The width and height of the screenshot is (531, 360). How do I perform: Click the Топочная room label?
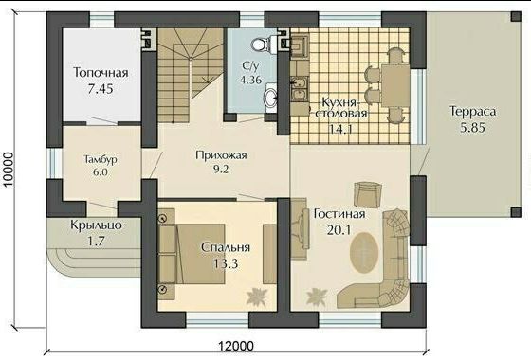coord(101,73)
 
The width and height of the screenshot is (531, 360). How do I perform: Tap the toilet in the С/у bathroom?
coord(262,45)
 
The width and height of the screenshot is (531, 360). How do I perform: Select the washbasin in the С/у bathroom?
coord(270,98)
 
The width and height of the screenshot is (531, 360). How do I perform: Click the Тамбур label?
coord(101,159)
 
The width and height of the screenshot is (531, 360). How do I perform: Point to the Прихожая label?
coord(221,155)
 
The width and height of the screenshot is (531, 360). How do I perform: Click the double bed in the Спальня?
coord(192,254)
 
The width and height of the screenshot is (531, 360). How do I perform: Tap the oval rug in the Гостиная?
coord(364,252)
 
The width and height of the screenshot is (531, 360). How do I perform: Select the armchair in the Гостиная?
coord(368,194)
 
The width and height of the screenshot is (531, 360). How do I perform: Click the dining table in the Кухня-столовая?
coord(395,85)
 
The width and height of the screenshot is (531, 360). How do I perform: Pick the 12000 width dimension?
coord(235,346)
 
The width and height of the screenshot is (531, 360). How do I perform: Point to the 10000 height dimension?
coord(9,170)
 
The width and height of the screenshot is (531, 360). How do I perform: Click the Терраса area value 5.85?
coord(472,128)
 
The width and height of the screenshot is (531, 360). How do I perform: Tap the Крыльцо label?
coord(96,225)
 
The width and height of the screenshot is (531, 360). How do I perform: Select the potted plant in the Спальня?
coord(257,297)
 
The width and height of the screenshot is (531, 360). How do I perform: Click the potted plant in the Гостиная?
coord(317,297)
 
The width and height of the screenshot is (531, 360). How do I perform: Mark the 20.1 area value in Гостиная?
coord(339,230)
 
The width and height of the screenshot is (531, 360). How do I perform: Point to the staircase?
coord(191,75)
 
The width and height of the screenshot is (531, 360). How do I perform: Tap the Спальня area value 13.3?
coord(226,263)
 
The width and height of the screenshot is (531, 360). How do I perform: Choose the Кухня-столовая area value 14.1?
coord(341,129)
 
